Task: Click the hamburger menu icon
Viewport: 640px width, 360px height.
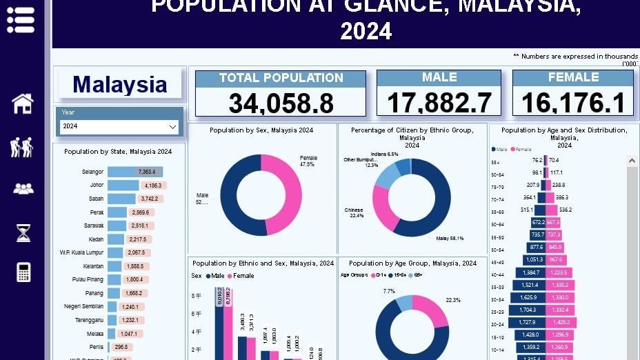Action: coord(21,20)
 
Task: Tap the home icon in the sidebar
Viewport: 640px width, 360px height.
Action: coord(23,103)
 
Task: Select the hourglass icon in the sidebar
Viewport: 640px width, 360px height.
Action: coord(23,233)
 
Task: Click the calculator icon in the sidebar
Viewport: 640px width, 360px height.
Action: coord(23,272)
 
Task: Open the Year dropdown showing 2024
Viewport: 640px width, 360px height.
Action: coord(120,127)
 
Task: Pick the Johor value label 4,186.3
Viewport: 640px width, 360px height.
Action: coord(153,186)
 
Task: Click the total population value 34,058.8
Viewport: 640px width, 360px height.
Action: coord(281,103)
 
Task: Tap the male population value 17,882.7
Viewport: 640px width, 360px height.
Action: coord(439,103)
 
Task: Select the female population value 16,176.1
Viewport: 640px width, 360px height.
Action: coord(573,103)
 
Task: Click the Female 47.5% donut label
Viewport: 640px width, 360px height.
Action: coord(308,161)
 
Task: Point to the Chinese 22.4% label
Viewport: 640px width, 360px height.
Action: coord(354,212)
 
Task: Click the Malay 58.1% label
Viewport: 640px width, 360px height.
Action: coord(450,239)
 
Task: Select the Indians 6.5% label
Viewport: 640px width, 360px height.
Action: coord(384,154)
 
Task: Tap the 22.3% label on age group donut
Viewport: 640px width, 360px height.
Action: coord(453,300)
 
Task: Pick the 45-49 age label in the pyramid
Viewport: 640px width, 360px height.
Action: coord(497,262)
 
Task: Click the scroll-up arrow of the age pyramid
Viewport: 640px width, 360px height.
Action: coord(632,161)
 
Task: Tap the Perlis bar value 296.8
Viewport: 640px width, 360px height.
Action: coord(121,347)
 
